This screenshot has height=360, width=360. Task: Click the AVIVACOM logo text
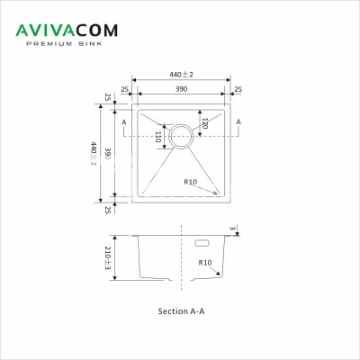click(67, 31)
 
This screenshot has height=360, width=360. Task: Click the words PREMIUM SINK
click(64, 44)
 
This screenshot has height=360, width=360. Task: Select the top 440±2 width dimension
click(181, 75)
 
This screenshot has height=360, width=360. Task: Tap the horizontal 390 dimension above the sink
click(182, 89)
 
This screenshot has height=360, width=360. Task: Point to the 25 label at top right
click(238, 89)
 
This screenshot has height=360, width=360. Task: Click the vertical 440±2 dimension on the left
click(94, 153)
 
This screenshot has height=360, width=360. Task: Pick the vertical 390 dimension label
click(108, 153)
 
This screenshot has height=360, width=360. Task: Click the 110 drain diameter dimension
click(158, 137)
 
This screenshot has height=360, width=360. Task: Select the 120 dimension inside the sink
click(204, 123)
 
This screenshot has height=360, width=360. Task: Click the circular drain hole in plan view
click(180, 125)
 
